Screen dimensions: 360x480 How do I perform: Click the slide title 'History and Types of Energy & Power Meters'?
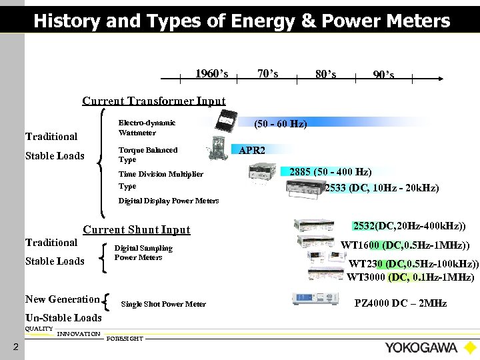pos(241,21)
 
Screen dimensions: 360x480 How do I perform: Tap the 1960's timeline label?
pos(211,73)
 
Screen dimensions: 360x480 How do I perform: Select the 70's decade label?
pos(267,73)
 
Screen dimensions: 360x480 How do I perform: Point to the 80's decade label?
pos(325,74)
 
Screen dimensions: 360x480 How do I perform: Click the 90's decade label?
pos(383,75)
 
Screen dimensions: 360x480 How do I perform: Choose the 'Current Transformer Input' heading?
pos(153,101)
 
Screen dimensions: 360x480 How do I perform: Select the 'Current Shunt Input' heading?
pos(136,230)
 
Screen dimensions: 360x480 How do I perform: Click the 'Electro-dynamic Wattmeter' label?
pos(147,127)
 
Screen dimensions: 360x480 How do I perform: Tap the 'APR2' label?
pos(252,151)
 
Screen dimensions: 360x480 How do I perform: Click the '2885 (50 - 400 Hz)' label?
pos(331,172)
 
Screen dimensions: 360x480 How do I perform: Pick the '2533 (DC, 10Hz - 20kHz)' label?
pos(381,188)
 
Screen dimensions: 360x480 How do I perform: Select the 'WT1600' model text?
pos(363,245)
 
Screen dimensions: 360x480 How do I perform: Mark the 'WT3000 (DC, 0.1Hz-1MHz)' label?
pos(411,277)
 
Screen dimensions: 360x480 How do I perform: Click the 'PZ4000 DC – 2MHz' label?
pos(401,304)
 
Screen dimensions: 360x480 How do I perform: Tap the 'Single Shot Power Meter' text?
pos(163,305)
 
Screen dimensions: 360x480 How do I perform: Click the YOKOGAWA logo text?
pos(421,347)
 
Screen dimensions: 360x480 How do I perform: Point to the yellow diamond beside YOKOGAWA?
pos(470,347)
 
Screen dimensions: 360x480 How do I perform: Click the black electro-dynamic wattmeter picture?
pos(229,123)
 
